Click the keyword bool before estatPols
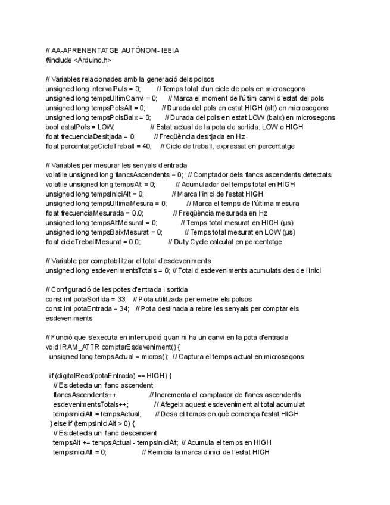click(52, 127)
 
